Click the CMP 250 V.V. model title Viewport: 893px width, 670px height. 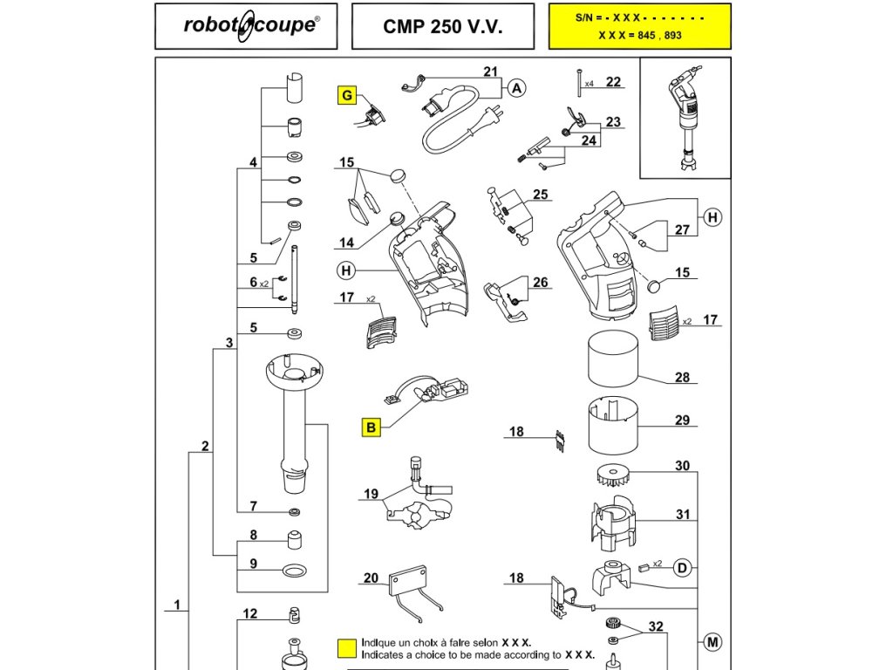pos(442,27)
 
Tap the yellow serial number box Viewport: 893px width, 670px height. pos(639,26)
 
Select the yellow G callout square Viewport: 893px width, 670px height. pos(347,95)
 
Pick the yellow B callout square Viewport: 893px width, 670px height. pos(371,427)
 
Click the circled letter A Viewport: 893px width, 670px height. pos(516,88)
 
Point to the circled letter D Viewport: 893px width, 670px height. pos(682,568)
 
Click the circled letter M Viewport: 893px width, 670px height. pos(712,643)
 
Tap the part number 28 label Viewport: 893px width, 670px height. pos(682,377)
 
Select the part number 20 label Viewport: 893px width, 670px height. pos(371,578)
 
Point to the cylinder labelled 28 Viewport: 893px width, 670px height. pos(613,359)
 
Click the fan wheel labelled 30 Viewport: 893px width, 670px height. pos(613,475)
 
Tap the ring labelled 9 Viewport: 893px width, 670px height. pos(295,570)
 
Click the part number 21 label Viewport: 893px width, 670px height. pos(490,72)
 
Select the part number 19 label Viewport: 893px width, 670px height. pos(371,494)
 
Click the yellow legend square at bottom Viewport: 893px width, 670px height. pos(347,648)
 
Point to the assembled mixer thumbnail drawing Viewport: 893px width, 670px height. pos(685,119)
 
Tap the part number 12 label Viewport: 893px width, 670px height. pos(250,613)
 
